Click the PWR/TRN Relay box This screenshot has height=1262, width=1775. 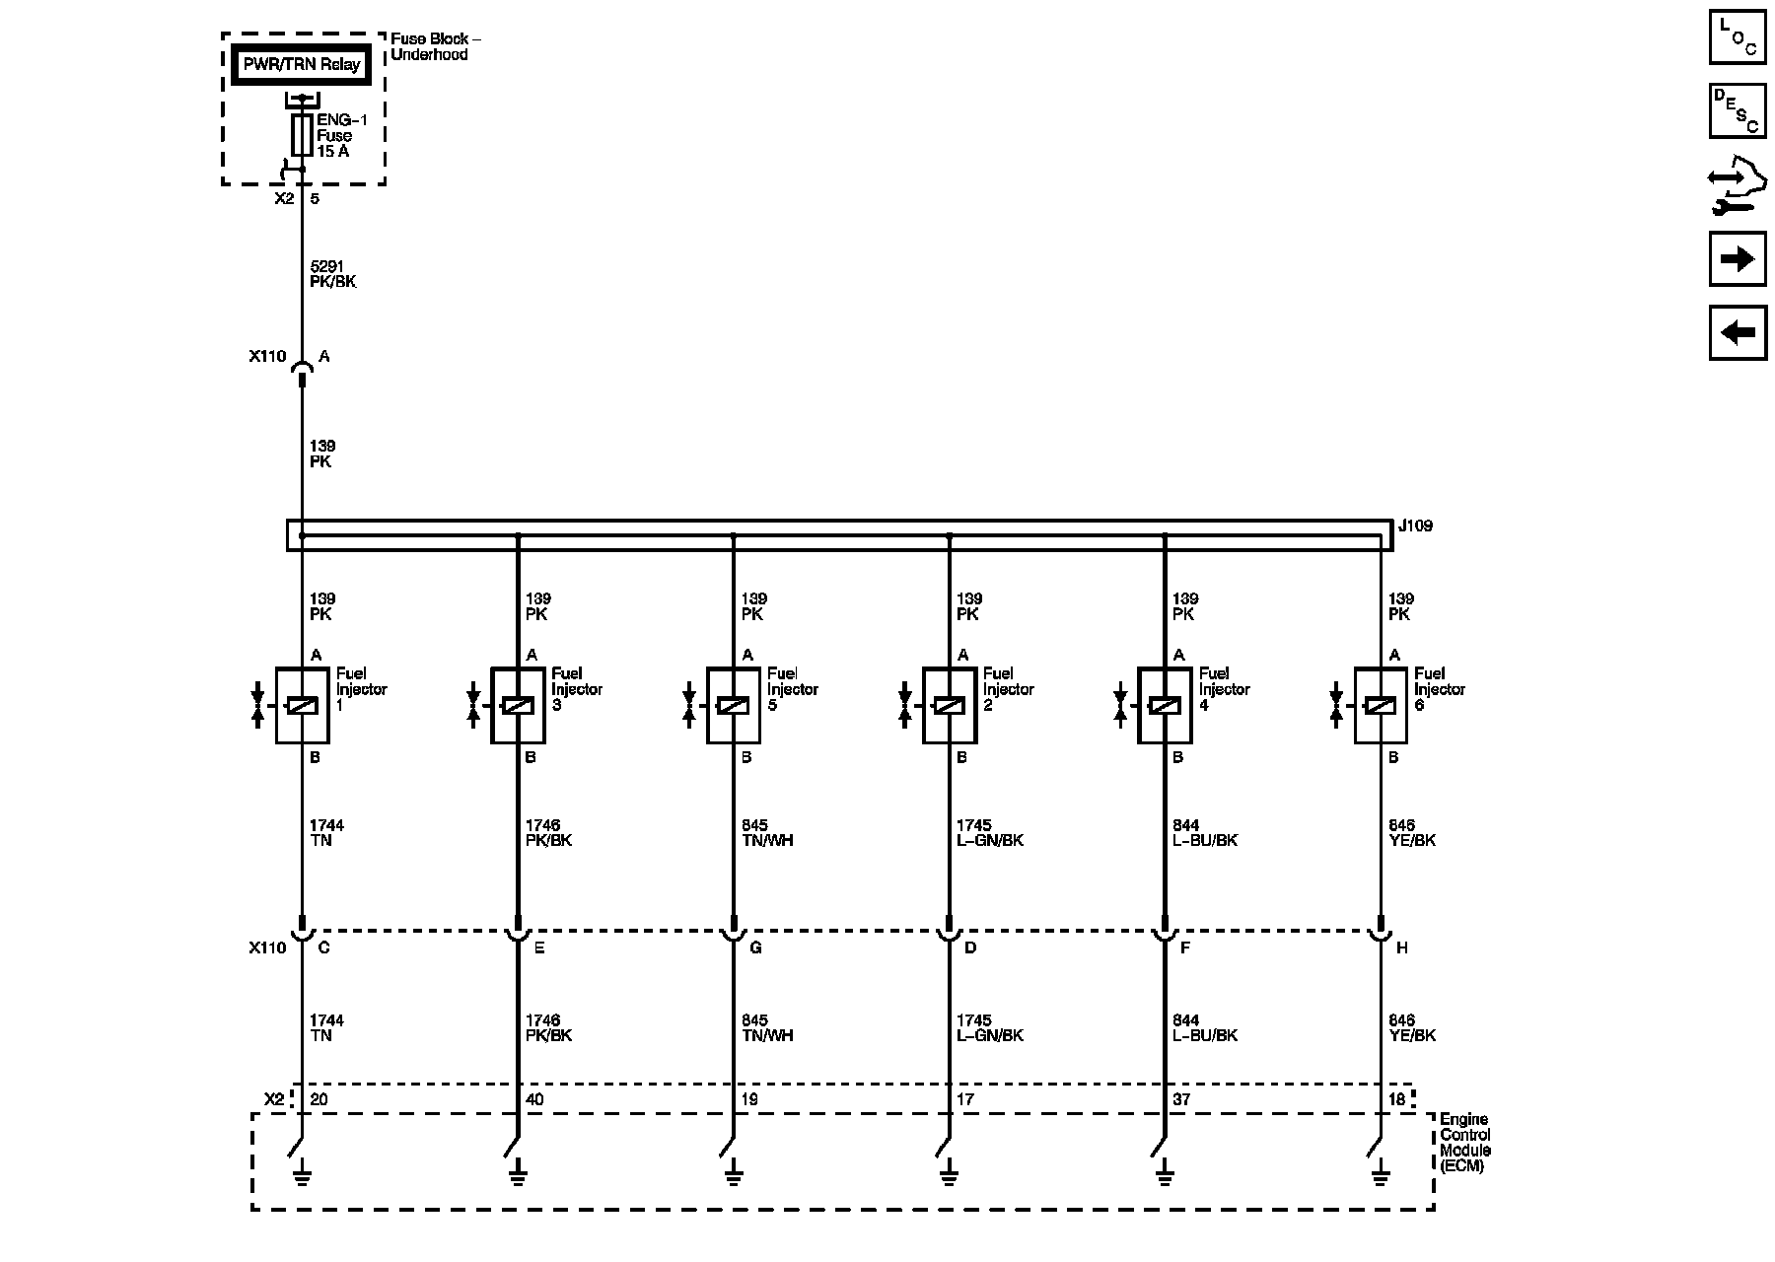[302, 65]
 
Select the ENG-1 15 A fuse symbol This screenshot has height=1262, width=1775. [302, 135]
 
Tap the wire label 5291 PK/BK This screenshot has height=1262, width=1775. [332, 274]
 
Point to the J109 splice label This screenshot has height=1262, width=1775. [1415, 526]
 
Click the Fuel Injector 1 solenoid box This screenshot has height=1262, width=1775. [302, 705]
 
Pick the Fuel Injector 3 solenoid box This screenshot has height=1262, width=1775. [518, 705]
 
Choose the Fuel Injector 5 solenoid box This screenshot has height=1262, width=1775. [734, 705]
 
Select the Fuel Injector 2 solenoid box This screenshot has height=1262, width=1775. [950, 705]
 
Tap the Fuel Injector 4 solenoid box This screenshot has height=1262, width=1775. [1165, 705]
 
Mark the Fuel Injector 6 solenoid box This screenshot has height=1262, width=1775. [1381, 705]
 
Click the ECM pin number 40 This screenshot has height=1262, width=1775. [534, 1099]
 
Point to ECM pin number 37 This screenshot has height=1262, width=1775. [1181, 1099]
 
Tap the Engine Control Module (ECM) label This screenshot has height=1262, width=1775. [1465, 1143]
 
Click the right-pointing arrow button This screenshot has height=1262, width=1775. [1737, 259]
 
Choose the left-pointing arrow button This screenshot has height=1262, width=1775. [1737, 332]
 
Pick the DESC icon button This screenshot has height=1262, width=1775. [1737, 111]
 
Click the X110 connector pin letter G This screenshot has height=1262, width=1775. [755, 947]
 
